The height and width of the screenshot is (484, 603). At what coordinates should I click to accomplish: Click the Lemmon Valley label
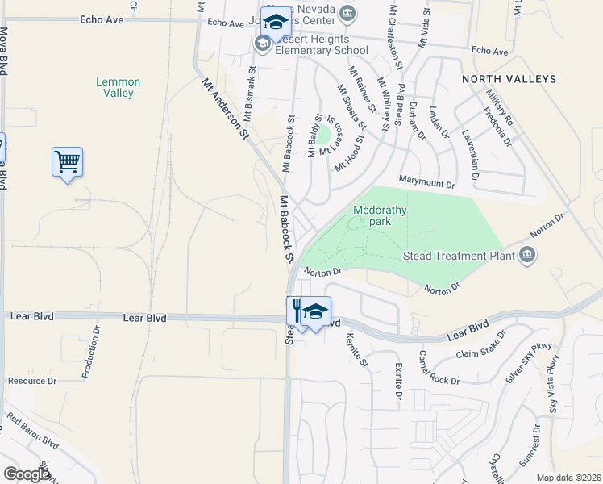pyautogui.click(x=118, y=87)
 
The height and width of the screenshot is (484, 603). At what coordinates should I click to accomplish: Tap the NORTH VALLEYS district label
pyautogui.click(x=509, y=79)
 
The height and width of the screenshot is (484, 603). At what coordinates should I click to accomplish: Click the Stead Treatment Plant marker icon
pyautogui.click(x=528, y=255)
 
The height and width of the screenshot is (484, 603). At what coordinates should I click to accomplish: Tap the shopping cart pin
pyautogui.click(x=67, y=162)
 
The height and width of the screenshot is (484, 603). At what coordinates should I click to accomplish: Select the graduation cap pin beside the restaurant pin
pyautogui.click(x=317, y=311)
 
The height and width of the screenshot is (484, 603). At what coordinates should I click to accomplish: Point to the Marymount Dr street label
pyautogui.click(x=426, y=181)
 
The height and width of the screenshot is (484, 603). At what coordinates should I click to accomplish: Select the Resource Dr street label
pyautogui.click(x=32, y=381)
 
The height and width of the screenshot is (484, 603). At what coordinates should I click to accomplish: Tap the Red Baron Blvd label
pyautogui.click(x=34, y=431)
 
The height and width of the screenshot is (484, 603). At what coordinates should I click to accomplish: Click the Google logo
pyautogui.click(x=27, y=474)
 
